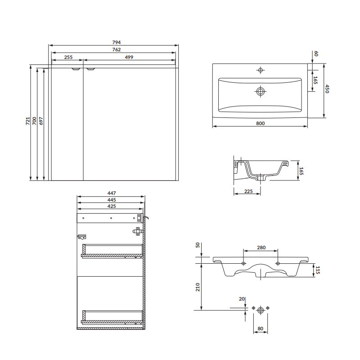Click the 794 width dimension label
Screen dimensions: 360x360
coord(117,42)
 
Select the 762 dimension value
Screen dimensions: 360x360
coord(117,49)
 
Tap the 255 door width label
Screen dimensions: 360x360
coord(68,57)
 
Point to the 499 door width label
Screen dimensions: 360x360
coord(129,57)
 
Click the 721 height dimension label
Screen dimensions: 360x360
coord(28,121)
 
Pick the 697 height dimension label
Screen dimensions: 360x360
coord(41,121)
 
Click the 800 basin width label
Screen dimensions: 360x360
coord(261,123)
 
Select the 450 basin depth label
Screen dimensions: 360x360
coord(327,89)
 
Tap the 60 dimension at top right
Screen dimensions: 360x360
coord(316,54)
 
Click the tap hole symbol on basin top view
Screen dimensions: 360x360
coord(261,70)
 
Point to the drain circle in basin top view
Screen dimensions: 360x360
coord(261,91)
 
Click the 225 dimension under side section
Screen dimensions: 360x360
coord(248,191)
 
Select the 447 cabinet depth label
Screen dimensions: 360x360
coord(112,193)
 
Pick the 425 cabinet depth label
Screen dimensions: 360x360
coord(112,206)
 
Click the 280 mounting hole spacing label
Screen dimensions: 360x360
coord(261,247)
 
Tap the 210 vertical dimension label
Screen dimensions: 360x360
coord(198,287)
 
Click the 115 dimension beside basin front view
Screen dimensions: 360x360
coord(318,270)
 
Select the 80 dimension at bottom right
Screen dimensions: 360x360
coord(261,328)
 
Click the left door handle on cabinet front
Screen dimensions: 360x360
coord(76,69)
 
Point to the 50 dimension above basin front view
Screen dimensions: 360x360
coord(198,245)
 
